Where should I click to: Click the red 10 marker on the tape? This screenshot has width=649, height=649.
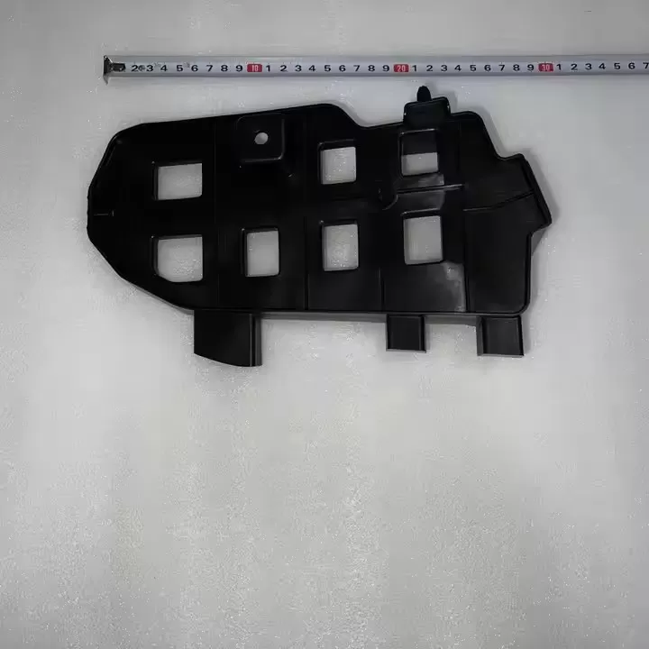[x=255, y=68]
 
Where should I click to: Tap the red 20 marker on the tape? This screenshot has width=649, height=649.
[x=401, y=68]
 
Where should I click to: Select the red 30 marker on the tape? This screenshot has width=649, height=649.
[x=545, y=67]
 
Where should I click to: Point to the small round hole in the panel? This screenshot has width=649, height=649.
[x=261, y=138]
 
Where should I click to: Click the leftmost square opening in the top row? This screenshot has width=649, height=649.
[x=179, y=180]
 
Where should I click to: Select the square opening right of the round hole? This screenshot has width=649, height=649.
[x=339, y=163]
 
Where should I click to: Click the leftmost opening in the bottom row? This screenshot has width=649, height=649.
[x=179, y=258]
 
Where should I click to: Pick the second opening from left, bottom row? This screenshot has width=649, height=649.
[x=262, y=252]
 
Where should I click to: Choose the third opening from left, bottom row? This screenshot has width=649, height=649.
[x=341, y=247]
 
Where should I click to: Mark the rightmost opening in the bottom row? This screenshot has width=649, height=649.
[x=423, y=240]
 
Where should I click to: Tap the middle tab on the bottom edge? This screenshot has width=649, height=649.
[x=406, y=331]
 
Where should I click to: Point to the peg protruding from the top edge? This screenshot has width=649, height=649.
[x=423, y=94]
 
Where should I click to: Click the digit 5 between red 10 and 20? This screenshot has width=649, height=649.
[x=327, y=68]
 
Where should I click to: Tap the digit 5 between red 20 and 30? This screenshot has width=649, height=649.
[x=472, y=68]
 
